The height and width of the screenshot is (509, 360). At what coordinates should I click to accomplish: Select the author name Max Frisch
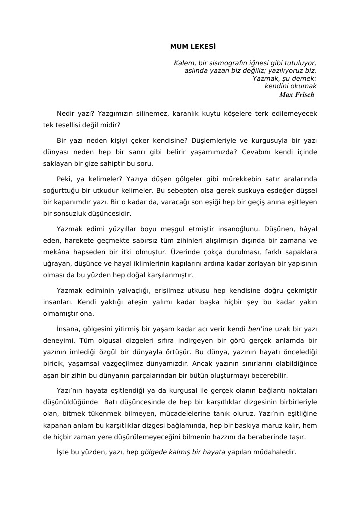(x=297, y=94)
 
